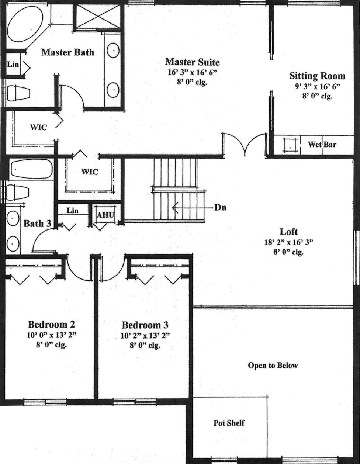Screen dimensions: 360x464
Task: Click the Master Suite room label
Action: [192, 62]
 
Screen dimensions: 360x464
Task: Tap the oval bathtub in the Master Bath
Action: [25, 24]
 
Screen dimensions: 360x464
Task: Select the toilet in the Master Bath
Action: [18, 93]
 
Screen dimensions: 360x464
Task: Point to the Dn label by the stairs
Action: [220, 208]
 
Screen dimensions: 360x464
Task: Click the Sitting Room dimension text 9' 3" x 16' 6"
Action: [317, 86]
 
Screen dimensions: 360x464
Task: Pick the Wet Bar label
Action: [322, 145]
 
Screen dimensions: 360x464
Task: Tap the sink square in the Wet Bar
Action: [290, 145]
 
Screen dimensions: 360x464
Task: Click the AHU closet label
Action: [105, 215]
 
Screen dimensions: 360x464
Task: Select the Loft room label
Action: [289, 232]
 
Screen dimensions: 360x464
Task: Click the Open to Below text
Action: [273, 365]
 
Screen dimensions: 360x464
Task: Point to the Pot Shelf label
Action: [229, 423]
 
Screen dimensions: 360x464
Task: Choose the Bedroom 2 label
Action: [51, 324]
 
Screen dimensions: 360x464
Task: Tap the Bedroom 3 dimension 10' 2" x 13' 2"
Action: [145, 336]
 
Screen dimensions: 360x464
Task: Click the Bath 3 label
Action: [37, 224]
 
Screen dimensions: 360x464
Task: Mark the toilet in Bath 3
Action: [17, 193]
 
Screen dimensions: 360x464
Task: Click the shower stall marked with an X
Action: [98, 17]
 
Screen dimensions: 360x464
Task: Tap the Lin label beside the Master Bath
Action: [13, 64]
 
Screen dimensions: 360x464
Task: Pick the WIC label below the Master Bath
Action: [38, 127]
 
